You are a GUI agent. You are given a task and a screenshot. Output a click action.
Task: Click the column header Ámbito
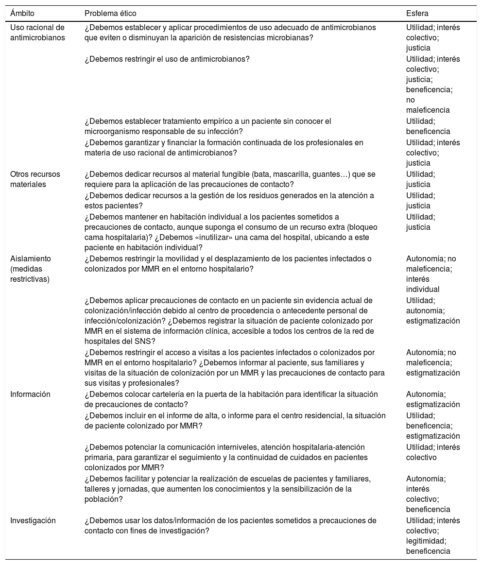point(22,13)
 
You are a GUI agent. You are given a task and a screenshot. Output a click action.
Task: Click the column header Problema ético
point(110,13)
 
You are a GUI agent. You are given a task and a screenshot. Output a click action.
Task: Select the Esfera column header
point(417,13)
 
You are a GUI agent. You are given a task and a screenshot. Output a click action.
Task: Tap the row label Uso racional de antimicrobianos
point(37,33)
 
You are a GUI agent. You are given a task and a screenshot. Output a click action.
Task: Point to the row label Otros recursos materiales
point(35,179)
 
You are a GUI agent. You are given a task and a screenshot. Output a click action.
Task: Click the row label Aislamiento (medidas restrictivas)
point(31,269)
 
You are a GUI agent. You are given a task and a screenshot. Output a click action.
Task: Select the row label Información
point(31,394)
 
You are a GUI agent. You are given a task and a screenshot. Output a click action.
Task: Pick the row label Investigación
point(33,520)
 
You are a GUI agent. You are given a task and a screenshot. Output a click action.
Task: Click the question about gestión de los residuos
point(229,200)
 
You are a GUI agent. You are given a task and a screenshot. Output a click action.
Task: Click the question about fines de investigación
point(230,526)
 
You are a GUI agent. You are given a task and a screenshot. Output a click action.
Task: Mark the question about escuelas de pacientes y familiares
point(227,489)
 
